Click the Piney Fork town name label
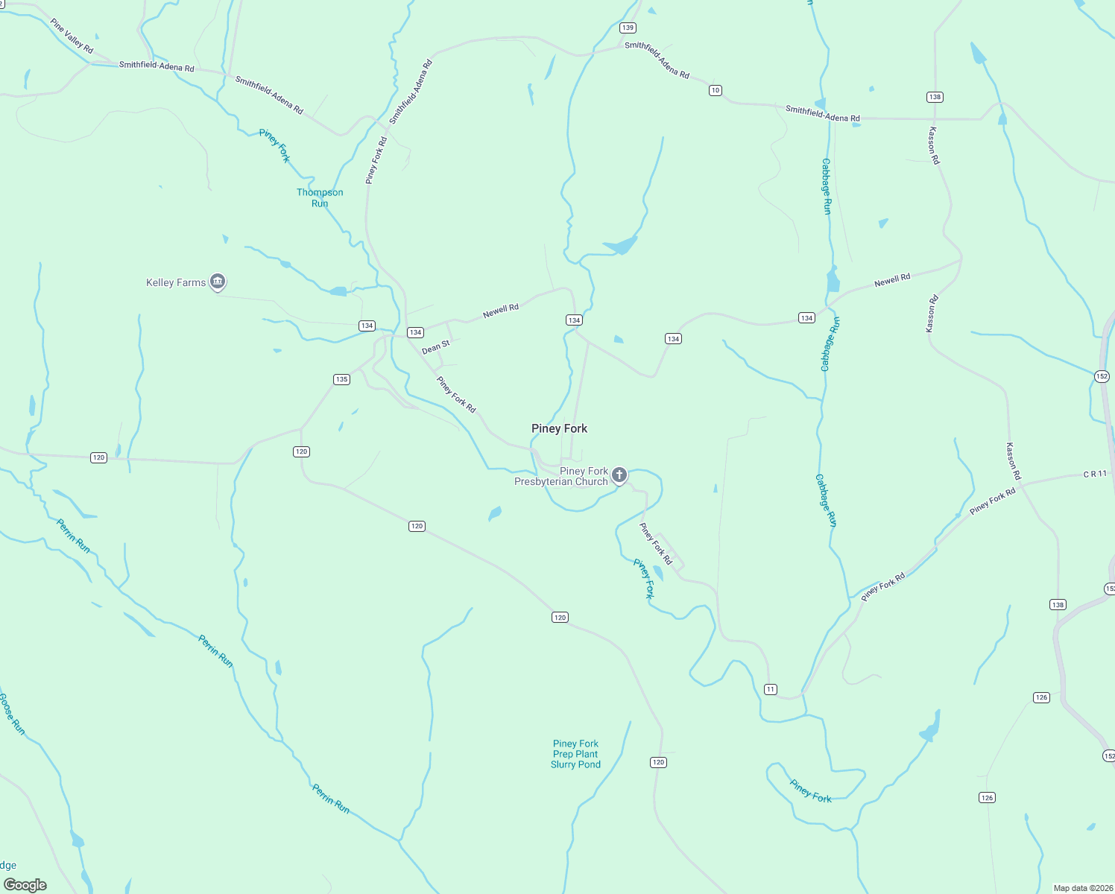[x=559, y=428]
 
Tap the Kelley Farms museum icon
[x=218, y=282]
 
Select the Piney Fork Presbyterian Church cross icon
[x=619, y=475]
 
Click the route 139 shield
[x=628, y=28]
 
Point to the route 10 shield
[x=716, y=90]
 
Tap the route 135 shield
[x=341, y=379]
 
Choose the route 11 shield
[x=771, y=689]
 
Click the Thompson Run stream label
[x=320, y=197]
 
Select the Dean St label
[x=436, y=347]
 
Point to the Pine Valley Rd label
[x=72, y=36]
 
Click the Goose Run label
[x=12, y=714]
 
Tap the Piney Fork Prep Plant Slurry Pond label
[x=575, y=754]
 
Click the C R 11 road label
[x=1095, y=474]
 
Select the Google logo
[x=25, y=885]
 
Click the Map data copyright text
[x=1083, y=888]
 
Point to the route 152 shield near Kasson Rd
[x=1102, y=376]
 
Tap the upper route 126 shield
[x=1041, y=697]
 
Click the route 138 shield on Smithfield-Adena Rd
[x=935, y=97]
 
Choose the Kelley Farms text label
[x=176, y=282]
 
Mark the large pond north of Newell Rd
[x=620, y=245]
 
